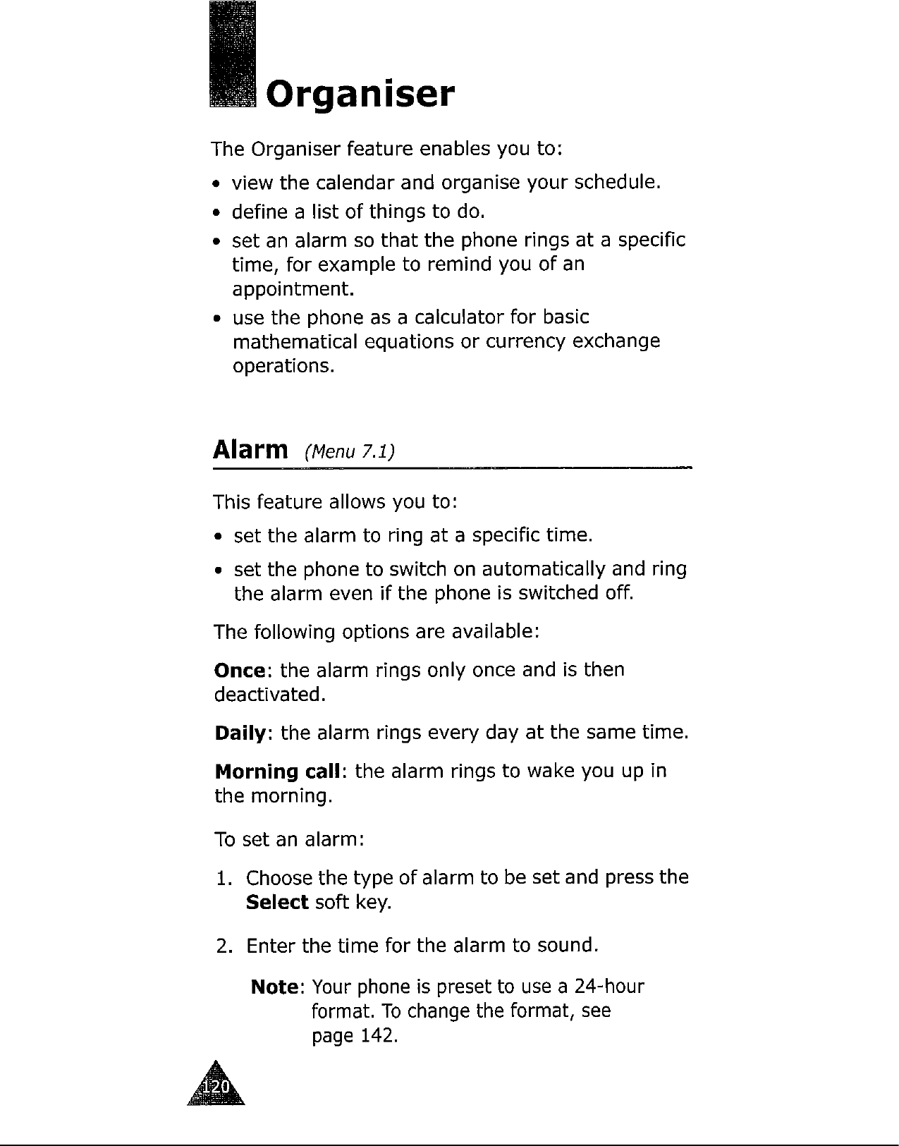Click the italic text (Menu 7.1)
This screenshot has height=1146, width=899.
348,451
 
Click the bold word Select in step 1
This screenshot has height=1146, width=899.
277,903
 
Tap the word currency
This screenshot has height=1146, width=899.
522,342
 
